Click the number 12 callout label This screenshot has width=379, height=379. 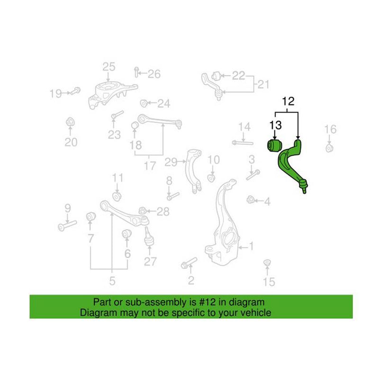(x=289, y=101)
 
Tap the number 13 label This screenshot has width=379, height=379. (x=276, y=126)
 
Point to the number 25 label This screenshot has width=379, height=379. (x=109, y=67)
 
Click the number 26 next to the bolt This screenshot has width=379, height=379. (x=154, y=74)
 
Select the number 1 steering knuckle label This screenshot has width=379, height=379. (x=252, y=246)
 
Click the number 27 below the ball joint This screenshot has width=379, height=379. (x=150, y=261)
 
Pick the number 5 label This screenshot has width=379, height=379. (x=112, y=281)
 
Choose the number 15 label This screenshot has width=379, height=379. (x=269, y=282)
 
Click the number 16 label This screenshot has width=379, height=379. (x=330, y=129)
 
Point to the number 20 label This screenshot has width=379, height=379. (x=71, y=142)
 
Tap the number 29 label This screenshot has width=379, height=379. (x=171, y=162)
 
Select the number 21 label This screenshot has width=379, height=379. (x=263, y=85)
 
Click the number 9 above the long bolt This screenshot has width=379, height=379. (x=67, y=208)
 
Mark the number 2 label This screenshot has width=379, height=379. (x=191, y=281)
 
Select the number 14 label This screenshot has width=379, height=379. (x=244, y=126)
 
